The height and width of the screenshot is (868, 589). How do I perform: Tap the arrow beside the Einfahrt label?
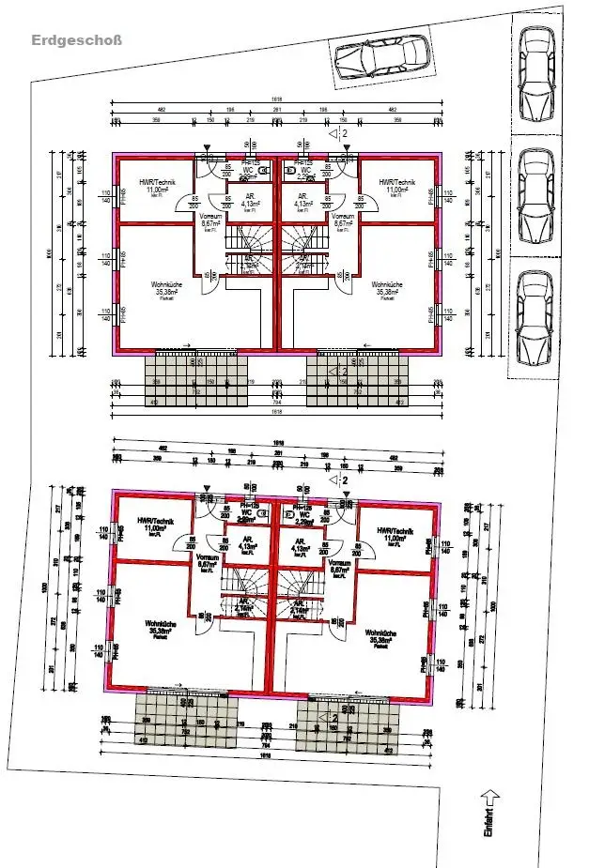coord(488,798)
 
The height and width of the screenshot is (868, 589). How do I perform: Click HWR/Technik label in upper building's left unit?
coord(156,183)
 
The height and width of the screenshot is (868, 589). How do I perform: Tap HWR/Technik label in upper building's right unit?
coord(396,183)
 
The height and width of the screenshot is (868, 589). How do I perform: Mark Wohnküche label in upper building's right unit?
coord(386,284)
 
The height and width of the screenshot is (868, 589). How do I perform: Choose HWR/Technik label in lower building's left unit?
coord(156,522)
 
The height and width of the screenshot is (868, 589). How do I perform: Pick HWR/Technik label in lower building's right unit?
coord(396,531)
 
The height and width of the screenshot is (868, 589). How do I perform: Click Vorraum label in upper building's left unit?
coord(209,217)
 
